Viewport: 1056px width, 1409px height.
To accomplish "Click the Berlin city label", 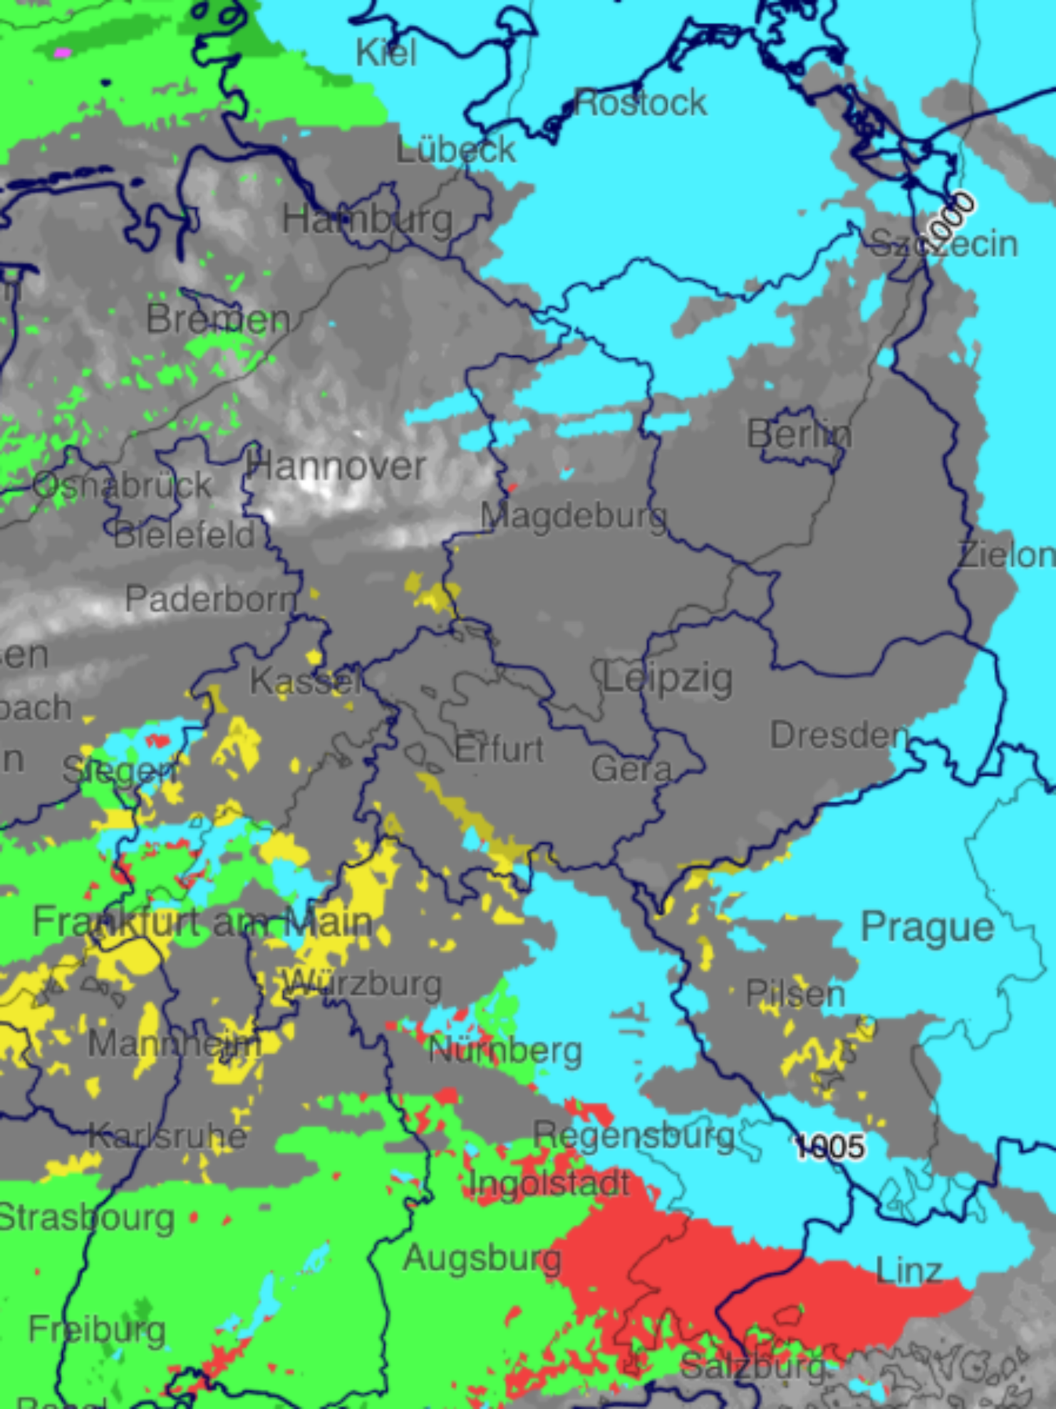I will coord(799,435).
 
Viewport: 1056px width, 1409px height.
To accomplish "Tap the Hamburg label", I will coord(367,221).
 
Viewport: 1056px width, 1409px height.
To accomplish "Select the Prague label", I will coord(928,926).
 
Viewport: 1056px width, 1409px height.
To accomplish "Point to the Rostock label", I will coord(639,103).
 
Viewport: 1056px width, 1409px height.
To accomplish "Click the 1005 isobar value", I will coord(829,1147).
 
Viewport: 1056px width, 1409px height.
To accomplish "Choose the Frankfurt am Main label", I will coord(202,922).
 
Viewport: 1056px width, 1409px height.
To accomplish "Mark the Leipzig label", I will coord(667,679).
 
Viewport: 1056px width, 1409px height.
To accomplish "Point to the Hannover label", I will coord(336,467).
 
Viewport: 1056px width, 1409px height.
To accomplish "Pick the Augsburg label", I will coord(482,1258).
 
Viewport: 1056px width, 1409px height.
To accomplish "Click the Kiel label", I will coord(386,52).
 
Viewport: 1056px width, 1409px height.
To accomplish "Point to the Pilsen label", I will coord(795,993).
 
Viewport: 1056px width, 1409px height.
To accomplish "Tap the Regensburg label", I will coord(633,1135).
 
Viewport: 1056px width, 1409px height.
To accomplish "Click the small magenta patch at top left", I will coord(62,53).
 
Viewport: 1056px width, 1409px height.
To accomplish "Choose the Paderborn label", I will coord(210,598).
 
